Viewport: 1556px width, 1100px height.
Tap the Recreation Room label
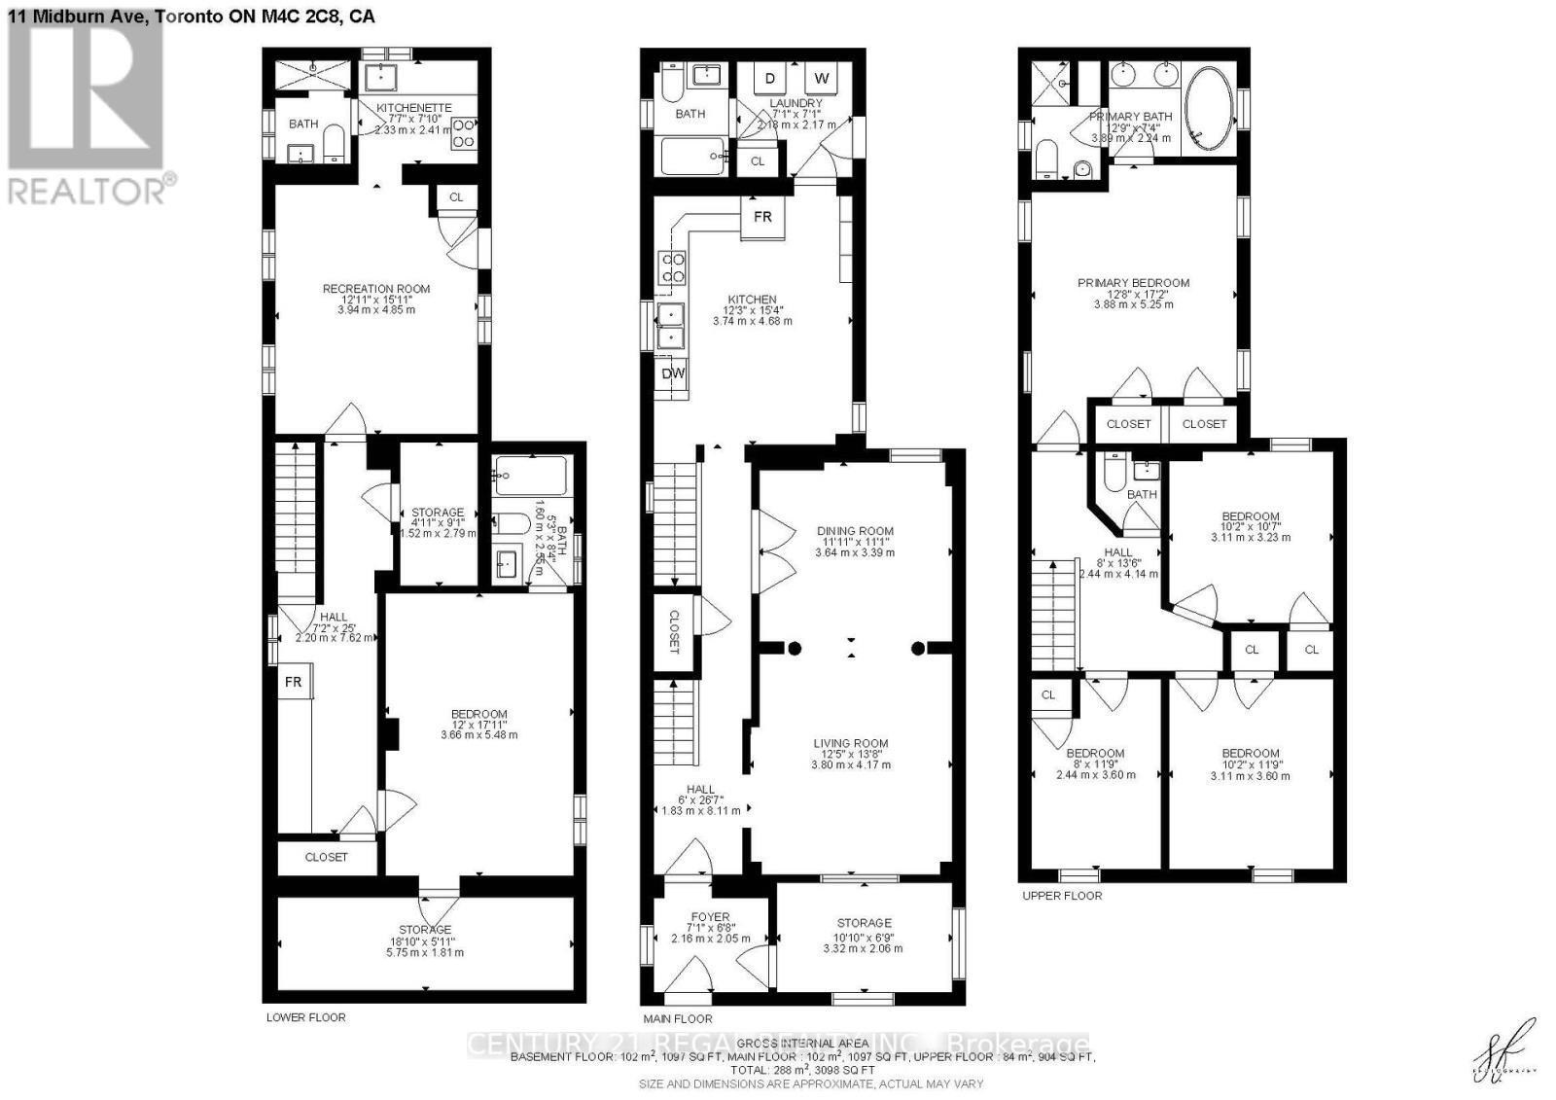[376, 289]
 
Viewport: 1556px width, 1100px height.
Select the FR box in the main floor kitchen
[762, 217]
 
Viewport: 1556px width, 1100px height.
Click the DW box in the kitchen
[673, 373]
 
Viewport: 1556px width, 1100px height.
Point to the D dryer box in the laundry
[770, 79]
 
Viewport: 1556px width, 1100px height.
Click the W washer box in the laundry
[822, 79]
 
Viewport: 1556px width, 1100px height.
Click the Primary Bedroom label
[1133, 283]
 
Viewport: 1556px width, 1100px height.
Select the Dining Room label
[855, 531]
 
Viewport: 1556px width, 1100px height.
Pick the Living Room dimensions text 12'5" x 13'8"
[851, 754]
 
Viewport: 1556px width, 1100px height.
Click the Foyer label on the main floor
[710, 916]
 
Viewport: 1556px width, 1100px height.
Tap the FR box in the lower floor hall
[293, 683]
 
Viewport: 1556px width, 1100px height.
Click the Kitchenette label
[414, 108]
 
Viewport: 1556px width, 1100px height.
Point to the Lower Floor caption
[305, 1017]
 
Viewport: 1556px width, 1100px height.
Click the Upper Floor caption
[1062, 896]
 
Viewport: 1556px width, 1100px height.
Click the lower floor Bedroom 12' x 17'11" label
[478, 714]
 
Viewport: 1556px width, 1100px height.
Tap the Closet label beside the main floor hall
[675, 632]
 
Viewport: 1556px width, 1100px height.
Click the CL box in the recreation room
[456, 197]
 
